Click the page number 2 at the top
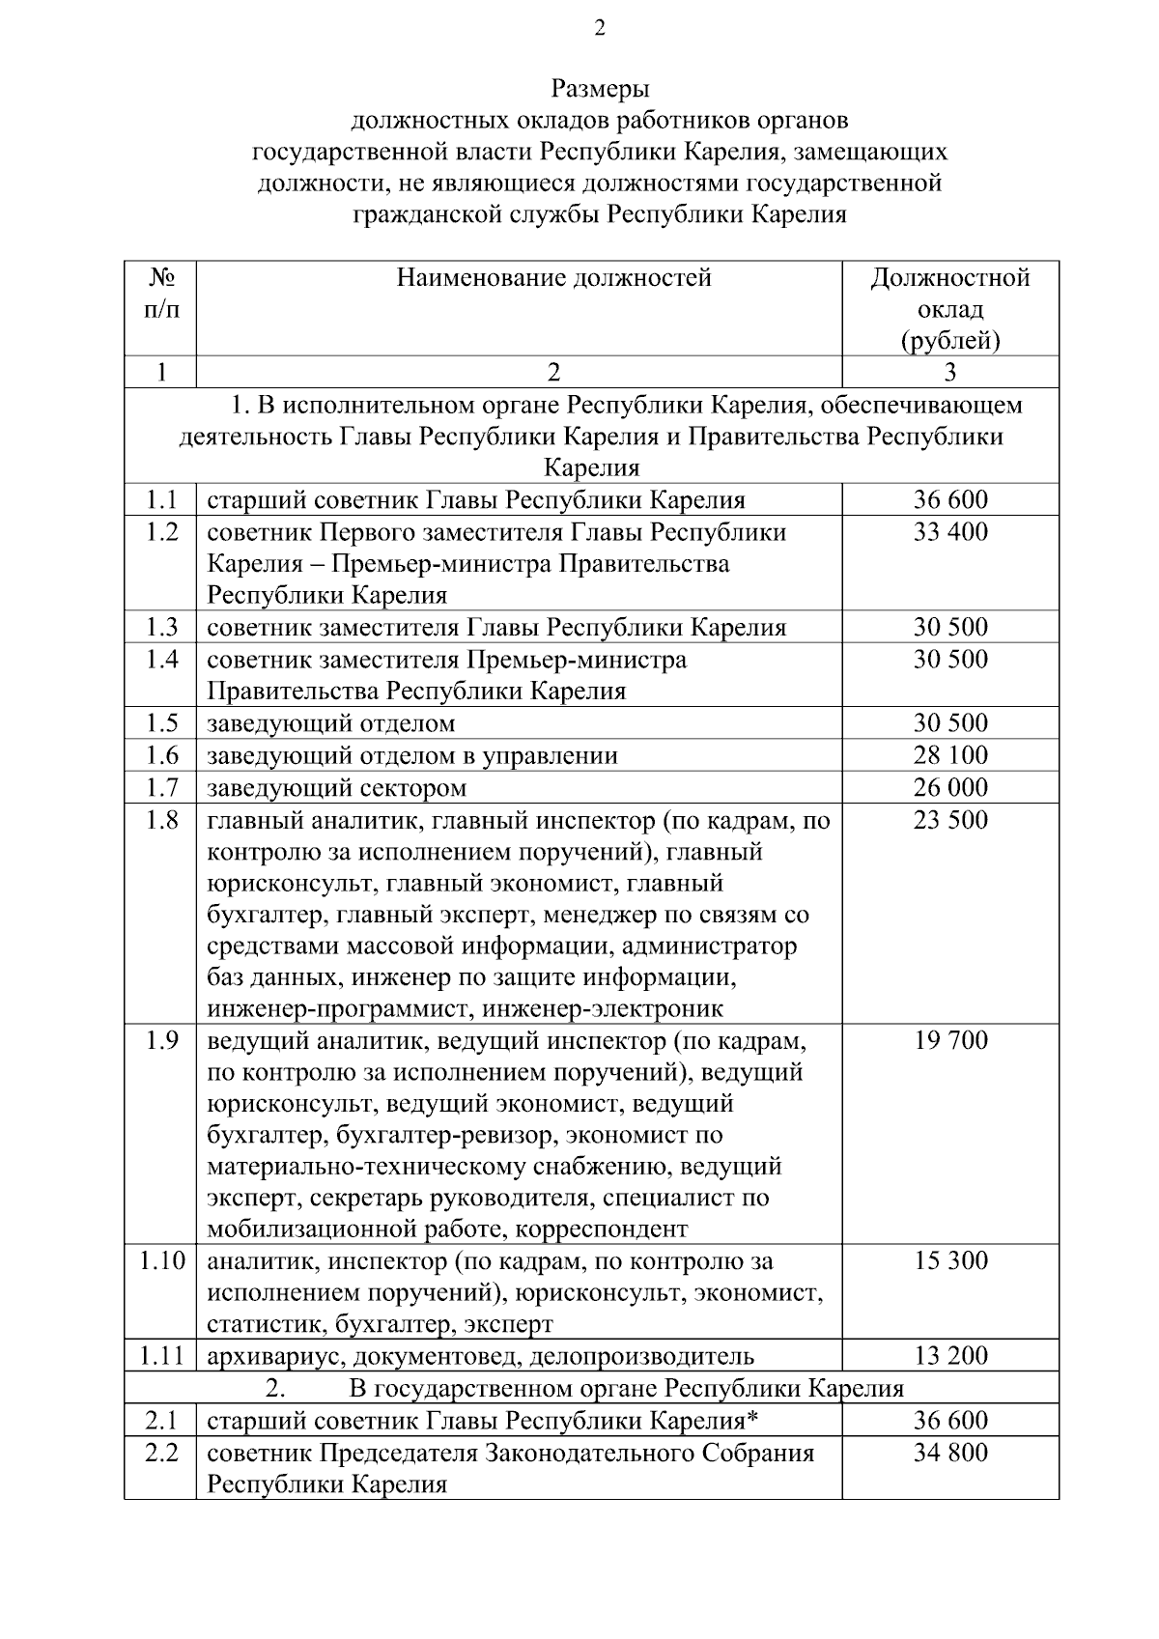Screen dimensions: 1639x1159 [x=599, y=30]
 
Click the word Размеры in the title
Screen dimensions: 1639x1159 [x=600, y=90]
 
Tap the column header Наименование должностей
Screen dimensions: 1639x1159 [x=553, y=279]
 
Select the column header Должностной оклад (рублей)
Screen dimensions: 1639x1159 [x=950, y=309]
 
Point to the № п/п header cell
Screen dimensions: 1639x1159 [x=161, y=294]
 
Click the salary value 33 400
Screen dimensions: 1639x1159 [x=950, y=532]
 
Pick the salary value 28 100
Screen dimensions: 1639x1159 [x=950, y=755]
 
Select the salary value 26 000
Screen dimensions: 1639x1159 [x=950, y=787]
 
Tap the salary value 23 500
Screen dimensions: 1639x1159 [x=950, y=820]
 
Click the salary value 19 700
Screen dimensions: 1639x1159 [x=950, y=1040]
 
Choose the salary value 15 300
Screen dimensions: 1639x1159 [x=950, y=1260]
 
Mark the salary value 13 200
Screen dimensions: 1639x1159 [x=950, y=1356]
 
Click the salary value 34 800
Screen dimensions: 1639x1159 [x=950, y=1453]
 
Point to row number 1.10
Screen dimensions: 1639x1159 [x=161, y=1260]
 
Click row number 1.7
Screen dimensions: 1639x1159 [x=161, y=787]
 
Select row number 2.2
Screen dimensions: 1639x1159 [x=161, y=1453]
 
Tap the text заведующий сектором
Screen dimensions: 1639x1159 [x=336, y=788]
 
